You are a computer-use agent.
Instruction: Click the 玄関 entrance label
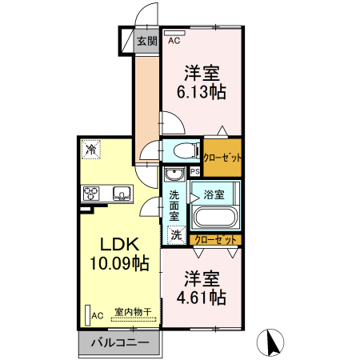146,42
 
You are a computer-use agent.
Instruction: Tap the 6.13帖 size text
201,91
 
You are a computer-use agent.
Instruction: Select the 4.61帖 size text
202,298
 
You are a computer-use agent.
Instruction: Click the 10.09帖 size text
118,262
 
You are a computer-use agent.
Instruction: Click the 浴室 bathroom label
214,194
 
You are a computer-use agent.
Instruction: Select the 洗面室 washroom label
174,204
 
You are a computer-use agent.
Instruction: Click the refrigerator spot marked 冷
90,149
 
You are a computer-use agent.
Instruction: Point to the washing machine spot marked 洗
176,236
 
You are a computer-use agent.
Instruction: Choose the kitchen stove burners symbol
91,193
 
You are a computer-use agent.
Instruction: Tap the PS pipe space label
194,171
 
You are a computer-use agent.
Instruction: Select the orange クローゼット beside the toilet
222,158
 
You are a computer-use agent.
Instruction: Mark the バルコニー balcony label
119,342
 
